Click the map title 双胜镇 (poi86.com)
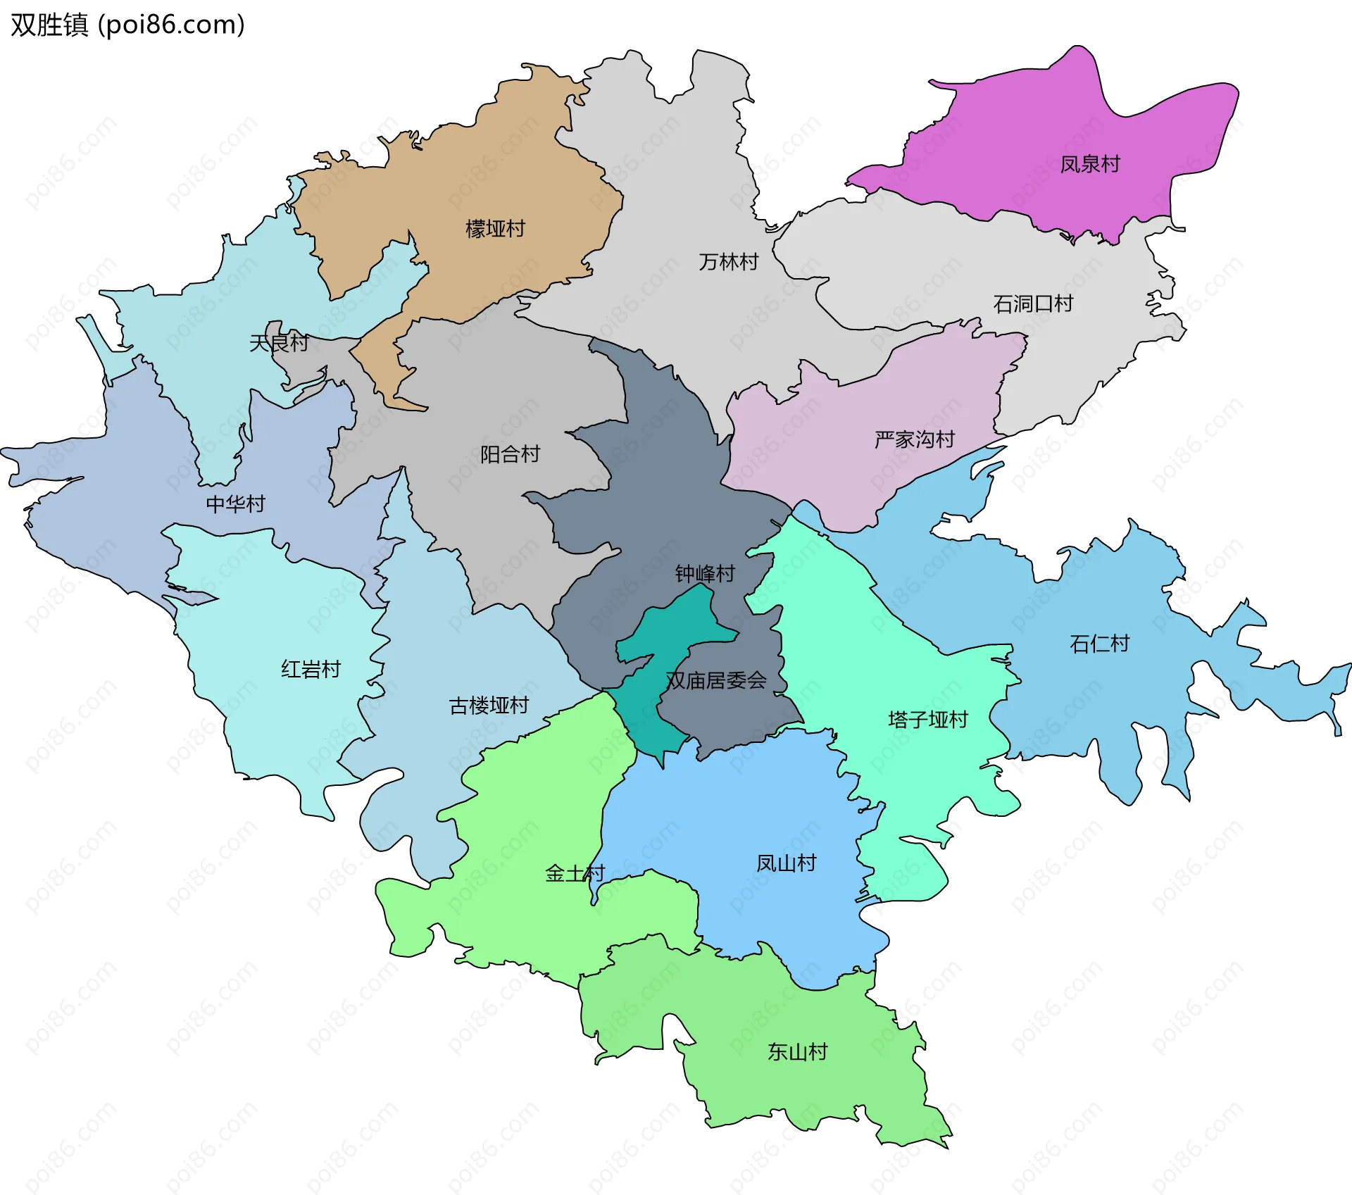click(127, 25)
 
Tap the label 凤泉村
click(1090, 164)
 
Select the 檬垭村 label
click(495, 229)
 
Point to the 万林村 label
click(728, 262)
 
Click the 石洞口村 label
click(1033, 304)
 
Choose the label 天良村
click(279, 343)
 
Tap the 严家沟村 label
click(914, 439)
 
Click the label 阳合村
click(510, 454)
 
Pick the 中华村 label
click(235, 503)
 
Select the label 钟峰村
click(705, 574)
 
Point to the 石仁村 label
click(1099, 644)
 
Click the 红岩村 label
click(311, 669)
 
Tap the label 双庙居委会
click(716, 680)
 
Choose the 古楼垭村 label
click(489, 705)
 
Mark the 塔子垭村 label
click(928, 720)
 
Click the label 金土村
click(575, 874)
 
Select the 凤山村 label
click(786, 863)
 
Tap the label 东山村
click(797, 1052)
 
